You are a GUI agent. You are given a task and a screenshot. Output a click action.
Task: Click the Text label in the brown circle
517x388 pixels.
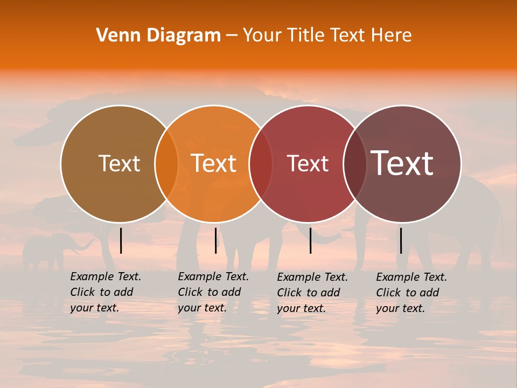coord(119,163)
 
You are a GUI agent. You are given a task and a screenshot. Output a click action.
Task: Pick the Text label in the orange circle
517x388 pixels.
coord(214,163)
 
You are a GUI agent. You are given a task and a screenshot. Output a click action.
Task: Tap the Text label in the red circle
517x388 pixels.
coord(308,163)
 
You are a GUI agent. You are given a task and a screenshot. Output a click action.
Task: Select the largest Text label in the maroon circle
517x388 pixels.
coord(402,163)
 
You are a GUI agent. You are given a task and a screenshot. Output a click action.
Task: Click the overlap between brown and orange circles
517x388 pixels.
coord(166,164)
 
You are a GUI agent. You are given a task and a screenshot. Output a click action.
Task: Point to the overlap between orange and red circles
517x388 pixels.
coord(261,164)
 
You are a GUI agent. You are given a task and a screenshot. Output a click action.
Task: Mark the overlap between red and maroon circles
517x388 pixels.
coord(355,164)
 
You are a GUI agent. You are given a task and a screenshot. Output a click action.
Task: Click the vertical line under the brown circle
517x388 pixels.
coord(121,240)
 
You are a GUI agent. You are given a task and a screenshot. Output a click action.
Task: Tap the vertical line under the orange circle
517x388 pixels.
coord(215,240)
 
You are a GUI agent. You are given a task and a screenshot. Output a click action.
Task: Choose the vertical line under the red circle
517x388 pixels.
coord(310,240)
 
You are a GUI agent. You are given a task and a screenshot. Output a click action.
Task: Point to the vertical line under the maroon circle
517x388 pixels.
coord(401,240)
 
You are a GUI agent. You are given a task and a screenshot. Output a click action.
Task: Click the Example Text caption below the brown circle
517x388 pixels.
coord(105,292)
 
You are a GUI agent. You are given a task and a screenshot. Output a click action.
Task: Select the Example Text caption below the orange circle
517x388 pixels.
coord(213,292)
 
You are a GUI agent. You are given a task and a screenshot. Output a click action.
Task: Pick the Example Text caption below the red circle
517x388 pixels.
coord(312,293)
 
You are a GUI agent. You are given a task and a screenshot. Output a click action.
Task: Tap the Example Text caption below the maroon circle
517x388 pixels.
coord(411,293)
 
